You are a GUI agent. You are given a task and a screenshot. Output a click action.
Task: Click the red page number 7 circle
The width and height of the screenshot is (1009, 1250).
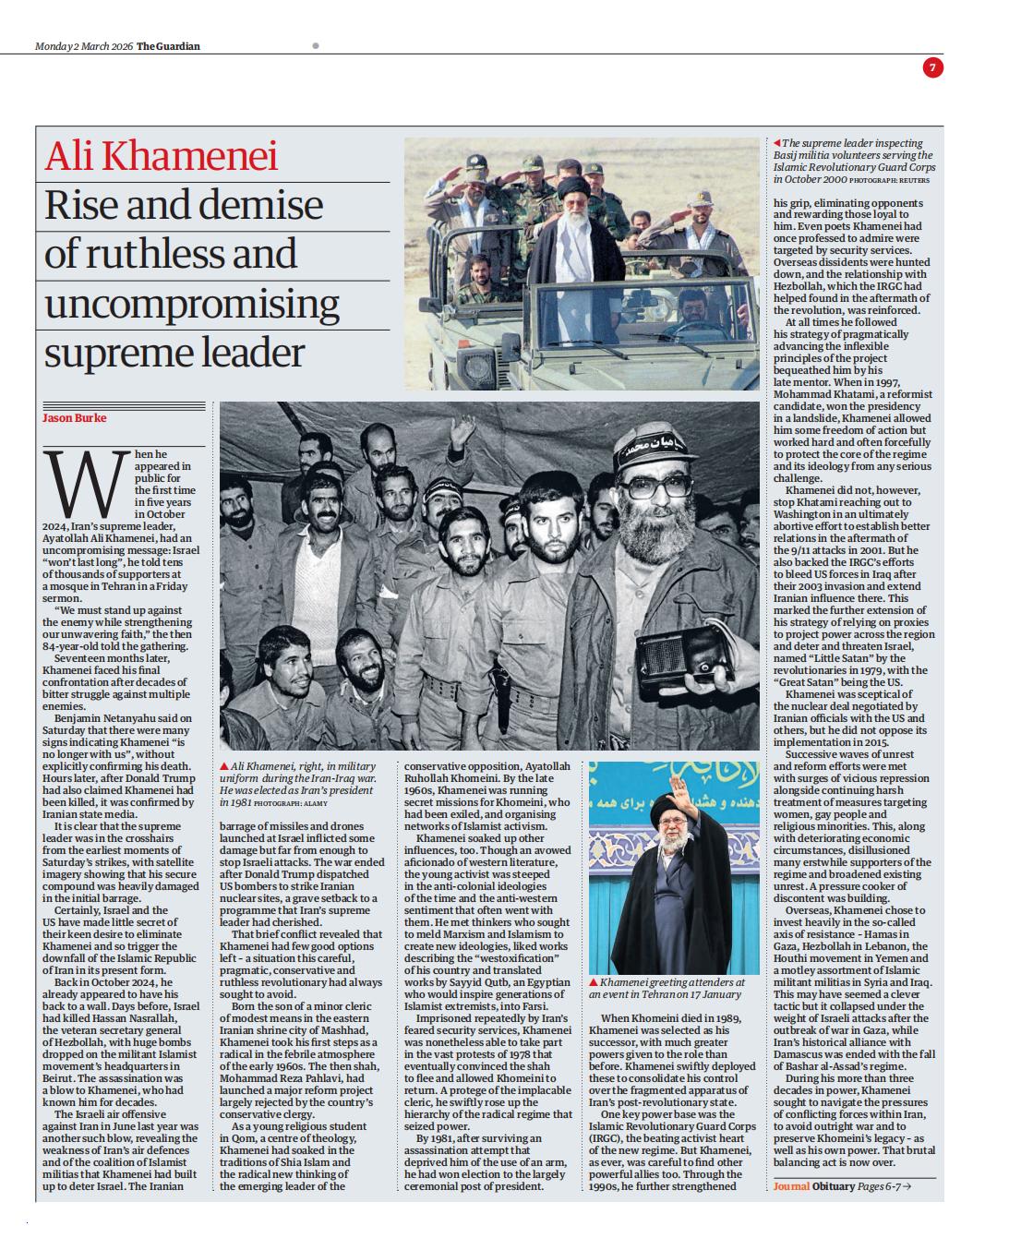tap(932, 67)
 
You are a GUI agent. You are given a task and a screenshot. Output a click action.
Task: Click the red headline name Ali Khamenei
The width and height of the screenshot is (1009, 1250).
tap(162, 156)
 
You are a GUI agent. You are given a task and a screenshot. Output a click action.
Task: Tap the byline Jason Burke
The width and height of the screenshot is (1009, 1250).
tap(75, 418)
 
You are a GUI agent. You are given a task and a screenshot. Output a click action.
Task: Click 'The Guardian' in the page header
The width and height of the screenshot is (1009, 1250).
tap(168, 46)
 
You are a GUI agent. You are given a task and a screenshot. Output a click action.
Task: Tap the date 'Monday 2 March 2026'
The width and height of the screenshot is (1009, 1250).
tap(84, 46)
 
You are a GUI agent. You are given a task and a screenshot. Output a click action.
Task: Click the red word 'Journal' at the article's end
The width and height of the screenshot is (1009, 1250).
tap(791, 1186)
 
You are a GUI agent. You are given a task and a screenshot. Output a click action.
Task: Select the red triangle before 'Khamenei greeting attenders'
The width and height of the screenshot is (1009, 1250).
tap(594, 982)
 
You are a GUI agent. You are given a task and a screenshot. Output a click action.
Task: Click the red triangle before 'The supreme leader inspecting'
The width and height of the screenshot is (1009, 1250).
tap(776, 143)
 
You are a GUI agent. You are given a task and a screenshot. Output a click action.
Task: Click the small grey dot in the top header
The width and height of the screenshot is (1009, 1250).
tap(315, 45)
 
